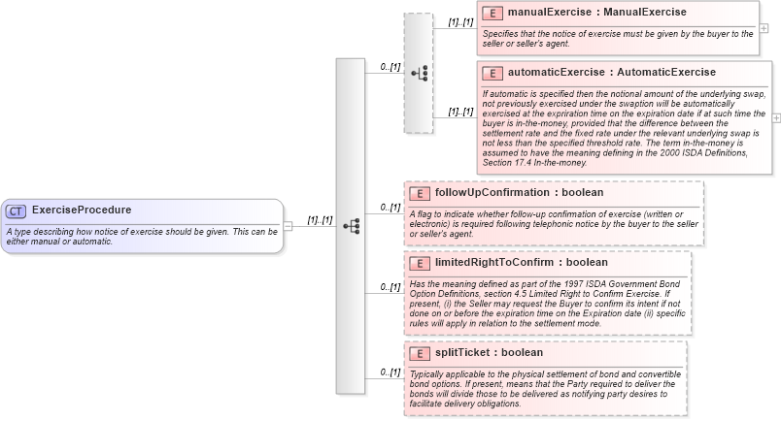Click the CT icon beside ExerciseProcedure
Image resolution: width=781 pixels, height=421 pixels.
click(x=17, y=210)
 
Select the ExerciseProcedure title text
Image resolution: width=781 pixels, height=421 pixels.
click(x=82, y=210)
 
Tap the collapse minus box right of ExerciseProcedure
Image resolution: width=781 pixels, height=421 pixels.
click(x=288, y=226)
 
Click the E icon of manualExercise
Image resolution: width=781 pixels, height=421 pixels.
click(x=492, y=13)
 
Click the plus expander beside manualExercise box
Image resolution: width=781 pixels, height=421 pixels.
click(x=764, y=27)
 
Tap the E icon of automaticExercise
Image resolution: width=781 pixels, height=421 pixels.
click(x=492, y=73)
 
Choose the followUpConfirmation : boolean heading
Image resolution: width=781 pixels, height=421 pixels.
click(x=520, y=193)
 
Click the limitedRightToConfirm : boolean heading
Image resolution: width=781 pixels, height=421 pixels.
click(x=522, y=263)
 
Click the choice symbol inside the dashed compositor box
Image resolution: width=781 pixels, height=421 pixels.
click(x=419, y=73)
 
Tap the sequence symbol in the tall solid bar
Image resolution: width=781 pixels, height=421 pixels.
click(x=351, y=226)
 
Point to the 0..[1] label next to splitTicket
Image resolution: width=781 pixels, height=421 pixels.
click(x=390, y=372)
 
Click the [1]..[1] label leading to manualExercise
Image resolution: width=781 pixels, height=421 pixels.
click(x=460, y=21)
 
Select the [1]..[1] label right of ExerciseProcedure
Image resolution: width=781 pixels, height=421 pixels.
click(x=320, y=220)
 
